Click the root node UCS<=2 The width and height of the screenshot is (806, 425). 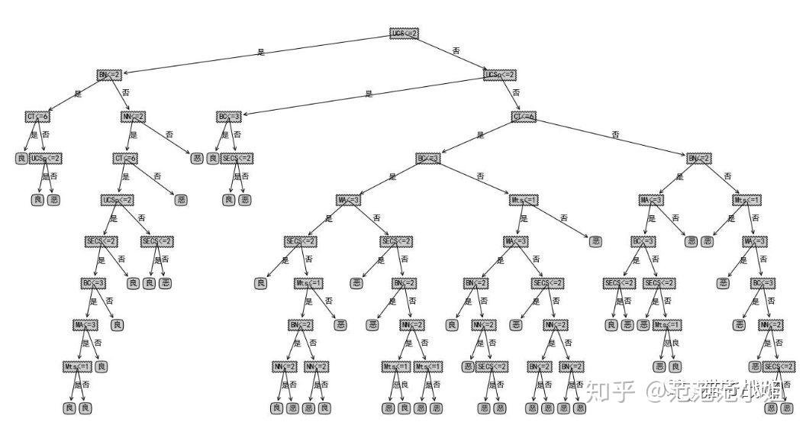pyautogui.click(x=405, y=34)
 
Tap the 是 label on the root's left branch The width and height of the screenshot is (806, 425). pyautogui.click(x=261, y=53)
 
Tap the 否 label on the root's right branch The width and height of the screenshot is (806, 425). pyautogui.click(x=456, y=51)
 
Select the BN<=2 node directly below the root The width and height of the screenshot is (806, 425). pyautogui.click(x=109, y=75)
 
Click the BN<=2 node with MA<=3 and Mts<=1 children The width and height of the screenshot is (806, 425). pyautogui.click(x=699, y=159)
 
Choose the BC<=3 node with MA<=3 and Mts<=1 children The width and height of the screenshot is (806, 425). pyautogui.click(x=428, y=159)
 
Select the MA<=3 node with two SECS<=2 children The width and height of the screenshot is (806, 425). pyautogui.click(x=349, y=200)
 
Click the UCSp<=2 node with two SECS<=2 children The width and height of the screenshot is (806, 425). pyautogui.click(x=118, y=200)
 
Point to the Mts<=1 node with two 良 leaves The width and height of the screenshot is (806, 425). pyautogui.click(x=77, y=367)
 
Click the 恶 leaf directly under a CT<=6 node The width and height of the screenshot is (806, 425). pyautogui.click(x=181, y=200)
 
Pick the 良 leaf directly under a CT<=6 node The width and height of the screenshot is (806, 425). pyautogui.click(x=21, y=159)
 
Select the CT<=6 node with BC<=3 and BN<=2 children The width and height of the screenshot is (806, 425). pyautogui.click(x=524, y=117)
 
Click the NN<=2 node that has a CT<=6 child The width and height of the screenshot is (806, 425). pyautogui.click(x=133, y=117)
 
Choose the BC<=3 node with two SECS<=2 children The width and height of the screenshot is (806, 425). pyautogui.click(x=643, y=242)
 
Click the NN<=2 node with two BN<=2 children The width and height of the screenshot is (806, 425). pyautogui.click(x=556, y=325)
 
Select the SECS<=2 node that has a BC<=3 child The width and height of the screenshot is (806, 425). pyautogui.click(x=101, y=242)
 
